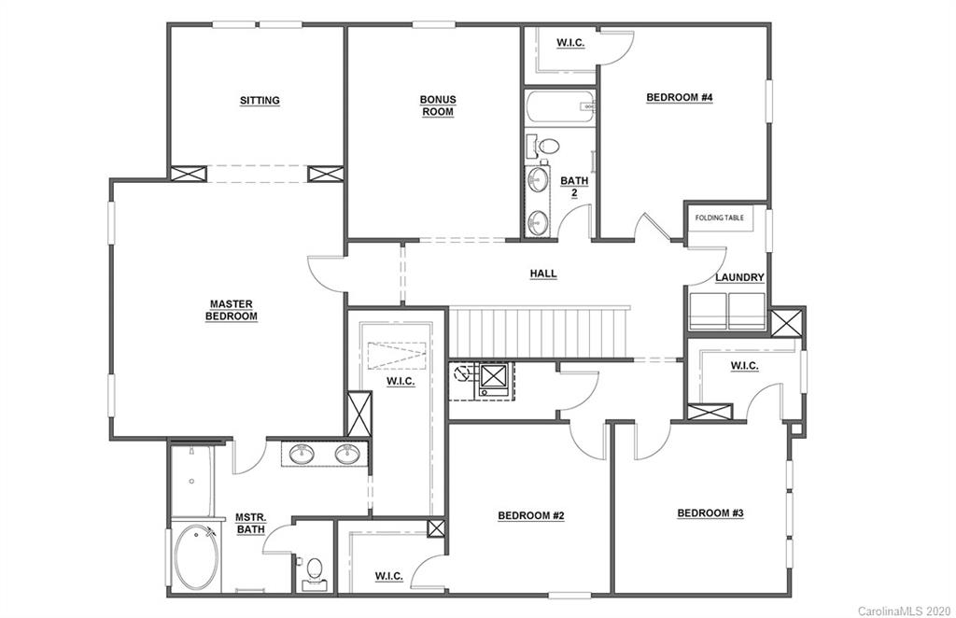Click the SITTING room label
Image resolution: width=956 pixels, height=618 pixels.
click(x=260, y=101)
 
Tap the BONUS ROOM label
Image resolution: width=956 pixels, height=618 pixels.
click(x=436, y=105)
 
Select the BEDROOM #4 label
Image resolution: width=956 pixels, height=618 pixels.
click(x=680, y=97)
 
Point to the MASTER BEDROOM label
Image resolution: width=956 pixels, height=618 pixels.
click(x=232, y=310)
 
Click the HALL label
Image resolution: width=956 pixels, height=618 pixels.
click(x=543, y=274)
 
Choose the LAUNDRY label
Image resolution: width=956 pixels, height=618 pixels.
click(x=740, y=277)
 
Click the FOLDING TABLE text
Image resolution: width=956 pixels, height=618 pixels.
click(x=720, y=218)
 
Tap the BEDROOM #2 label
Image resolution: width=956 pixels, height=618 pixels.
click(x=529, y=515)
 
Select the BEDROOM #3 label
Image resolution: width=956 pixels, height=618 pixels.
click(x=710, y=513)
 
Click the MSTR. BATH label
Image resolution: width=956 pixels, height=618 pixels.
click(x=249, y=524)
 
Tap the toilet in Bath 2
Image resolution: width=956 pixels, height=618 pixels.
click(x=548, y=147)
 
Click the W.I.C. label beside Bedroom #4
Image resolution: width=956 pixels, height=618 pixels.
click(x=570, y=43)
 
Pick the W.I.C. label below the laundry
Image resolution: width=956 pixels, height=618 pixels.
click(x=744, y=366)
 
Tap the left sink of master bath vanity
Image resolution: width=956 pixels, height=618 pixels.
click(x=302, y=455)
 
